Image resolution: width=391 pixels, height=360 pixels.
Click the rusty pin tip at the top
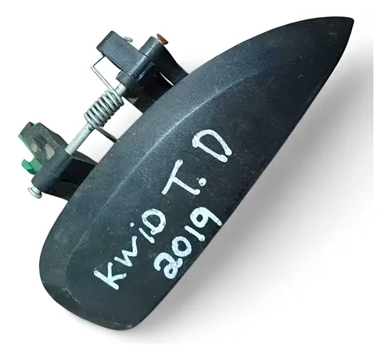click(x=161, y=38)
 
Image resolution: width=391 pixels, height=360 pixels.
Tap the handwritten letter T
click(x=174, y=173)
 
